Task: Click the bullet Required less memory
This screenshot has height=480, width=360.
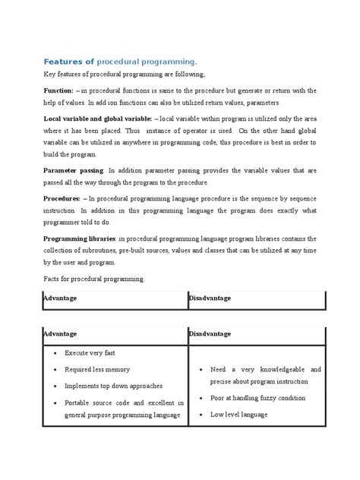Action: (97, 369)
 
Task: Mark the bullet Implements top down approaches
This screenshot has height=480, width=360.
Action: (114, 386)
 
